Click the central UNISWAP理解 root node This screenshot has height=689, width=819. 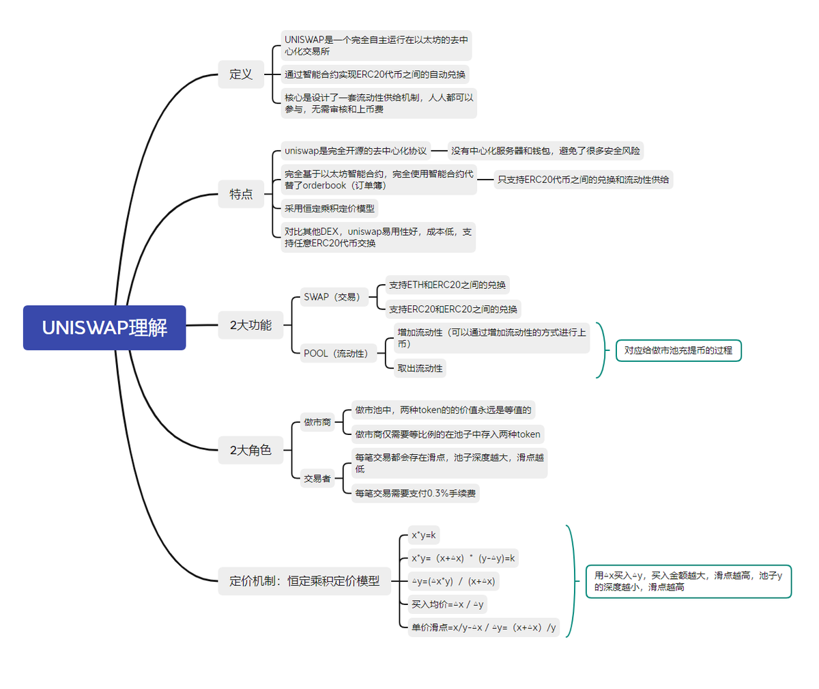[104, 328]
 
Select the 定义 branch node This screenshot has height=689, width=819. [241, 74]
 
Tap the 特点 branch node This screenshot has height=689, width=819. [241, 195]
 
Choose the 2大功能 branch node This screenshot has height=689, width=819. [250, 325]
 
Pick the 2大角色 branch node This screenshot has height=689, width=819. [250, 450]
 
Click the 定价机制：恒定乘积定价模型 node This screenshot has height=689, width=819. [304, 581]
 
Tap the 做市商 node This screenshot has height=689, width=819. [317, 423]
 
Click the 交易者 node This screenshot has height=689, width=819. [317, 479]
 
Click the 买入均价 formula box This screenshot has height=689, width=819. [447, 604]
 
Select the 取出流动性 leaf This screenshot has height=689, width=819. [420, 369]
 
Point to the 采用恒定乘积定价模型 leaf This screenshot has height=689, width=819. [329, 209]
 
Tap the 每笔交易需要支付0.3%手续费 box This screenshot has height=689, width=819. [415, 493]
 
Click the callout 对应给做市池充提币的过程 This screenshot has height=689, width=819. [678, 350]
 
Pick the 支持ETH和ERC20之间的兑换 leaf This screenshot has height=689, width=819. [447, 285]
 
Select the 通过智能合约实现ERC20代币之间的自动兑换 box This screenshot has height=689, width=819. [375, 74]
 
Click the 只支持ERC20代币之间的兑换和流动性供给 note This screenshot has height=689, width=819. [583, 180]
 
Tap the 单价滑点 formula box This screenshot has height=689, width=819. [483, 628]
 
